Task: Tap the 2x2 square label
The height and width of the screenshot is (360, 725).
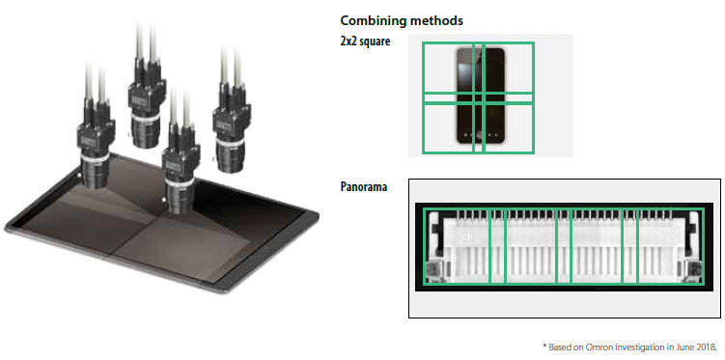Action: [365, 42]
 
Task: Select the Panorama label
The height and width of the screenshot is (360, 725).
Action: [364, 187]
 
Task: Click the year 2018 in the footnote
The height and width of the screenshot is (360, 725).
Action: [708, 347]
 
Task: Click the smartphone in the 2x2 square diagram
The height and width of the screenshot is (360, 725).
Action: [481, 97]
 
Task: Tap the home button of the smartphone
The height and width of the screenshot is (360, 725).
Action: [481, 136]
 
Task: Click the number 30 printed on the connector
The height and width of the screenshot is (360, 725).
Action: [467, 236]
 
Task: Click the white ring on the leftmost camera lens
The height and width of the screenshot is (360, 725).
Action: [95, 157]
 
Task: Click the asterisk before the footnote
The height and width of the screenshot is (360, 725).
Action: [544, 346]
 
